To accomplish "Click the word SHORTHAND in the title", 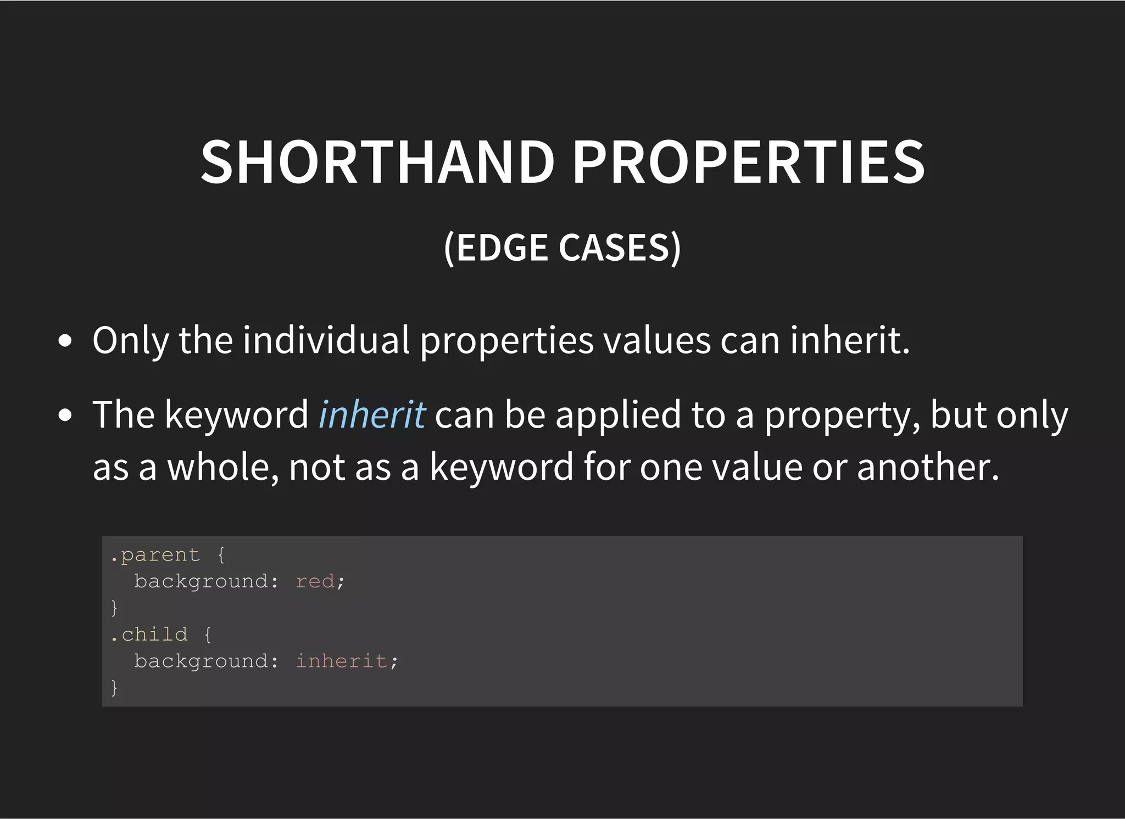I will tap(378, 162).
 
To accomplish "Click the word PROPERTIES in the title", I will tap(749, 162).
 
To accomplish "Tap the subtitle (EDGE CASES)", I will tap(562, 248).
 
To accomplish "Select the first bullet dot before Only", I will tap(65, 341).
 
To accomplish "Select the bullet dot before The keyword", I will tap(65, 416).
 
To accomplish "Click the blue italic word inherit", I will tap(372, 414).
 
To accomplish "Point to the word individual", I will tap(326, 340).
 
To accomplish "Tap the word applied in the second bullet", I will tap(618, 414).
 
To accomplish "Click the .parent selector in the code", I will tap(155, 555).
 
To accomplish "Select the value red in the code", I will tap(315, 581).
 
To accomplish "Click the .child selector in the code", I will tap(149, 635).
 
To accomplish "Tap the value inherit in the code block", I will tap(341, 661).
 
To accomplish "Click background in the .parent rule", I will tap(201, 581).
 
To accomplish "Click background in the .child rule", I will tap(201, 661).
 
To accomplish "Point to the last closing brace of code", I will tap(114, 687).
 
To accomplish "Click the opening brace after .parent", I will tap(221, 555).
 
